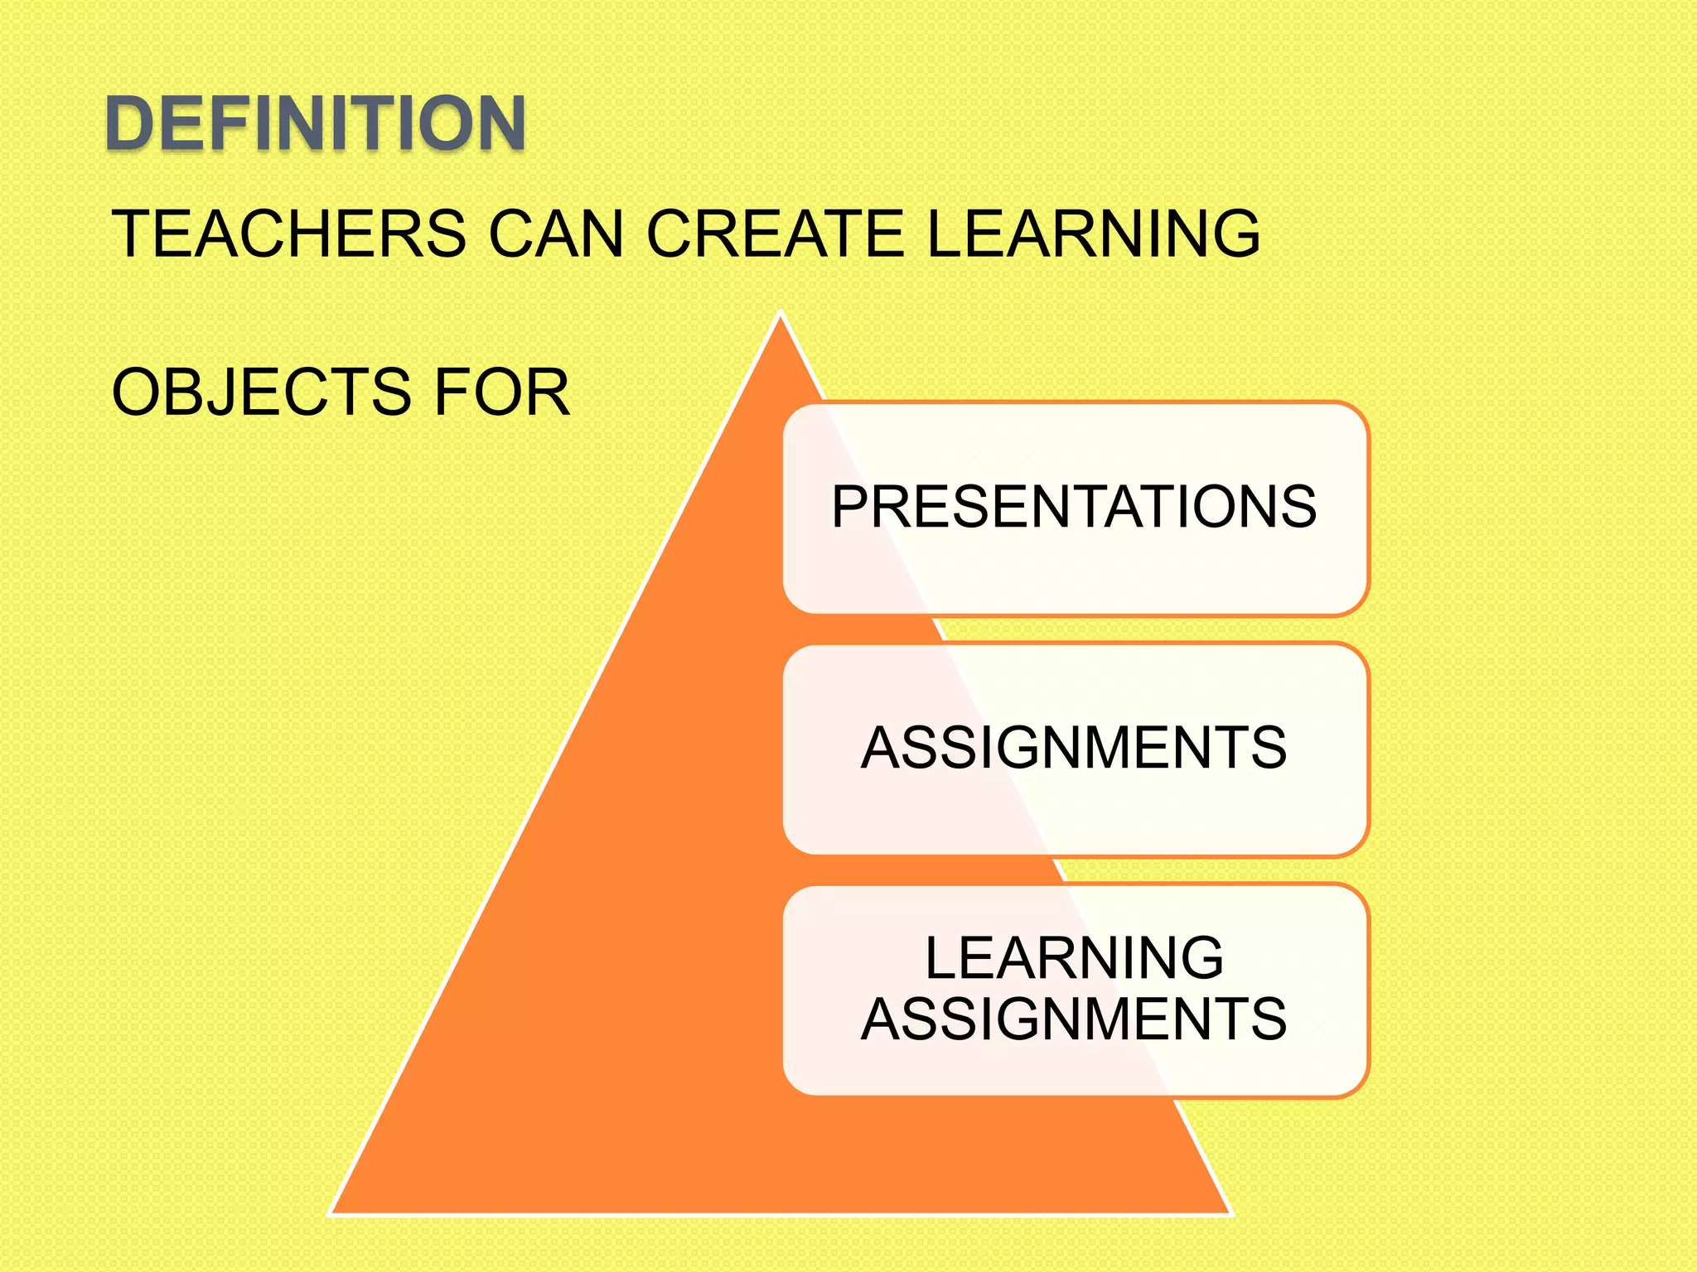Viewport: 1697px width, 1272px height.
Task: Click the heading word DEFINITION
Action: pyautogui.click(x=315, y=123)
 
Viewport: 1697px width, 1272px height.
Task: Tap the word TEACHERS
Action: pyautogui.click(x=289, y=234)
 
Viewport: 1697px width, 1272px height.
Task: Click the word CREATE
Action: pyautogui.click(x=775, y=234)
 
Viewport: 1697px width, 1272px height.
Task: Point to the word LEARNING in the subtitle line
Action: pyautogui.click(x=1093, y=234)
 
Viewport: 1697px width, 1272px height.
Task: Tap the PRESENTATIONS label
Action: pyautogui.click(x=1074, y=507)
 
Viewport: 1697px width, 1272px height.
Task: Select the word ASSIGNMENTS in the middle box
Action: pyautogui.click(x=1074, y=748)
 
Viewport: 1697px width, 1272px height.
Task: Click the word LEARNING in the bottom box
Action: pyautogui.click(x=1074, y=958)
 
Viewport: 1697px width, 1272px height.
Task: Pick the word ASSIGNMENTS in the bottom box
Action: pyautogui.click(x=1074, y=1019)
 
